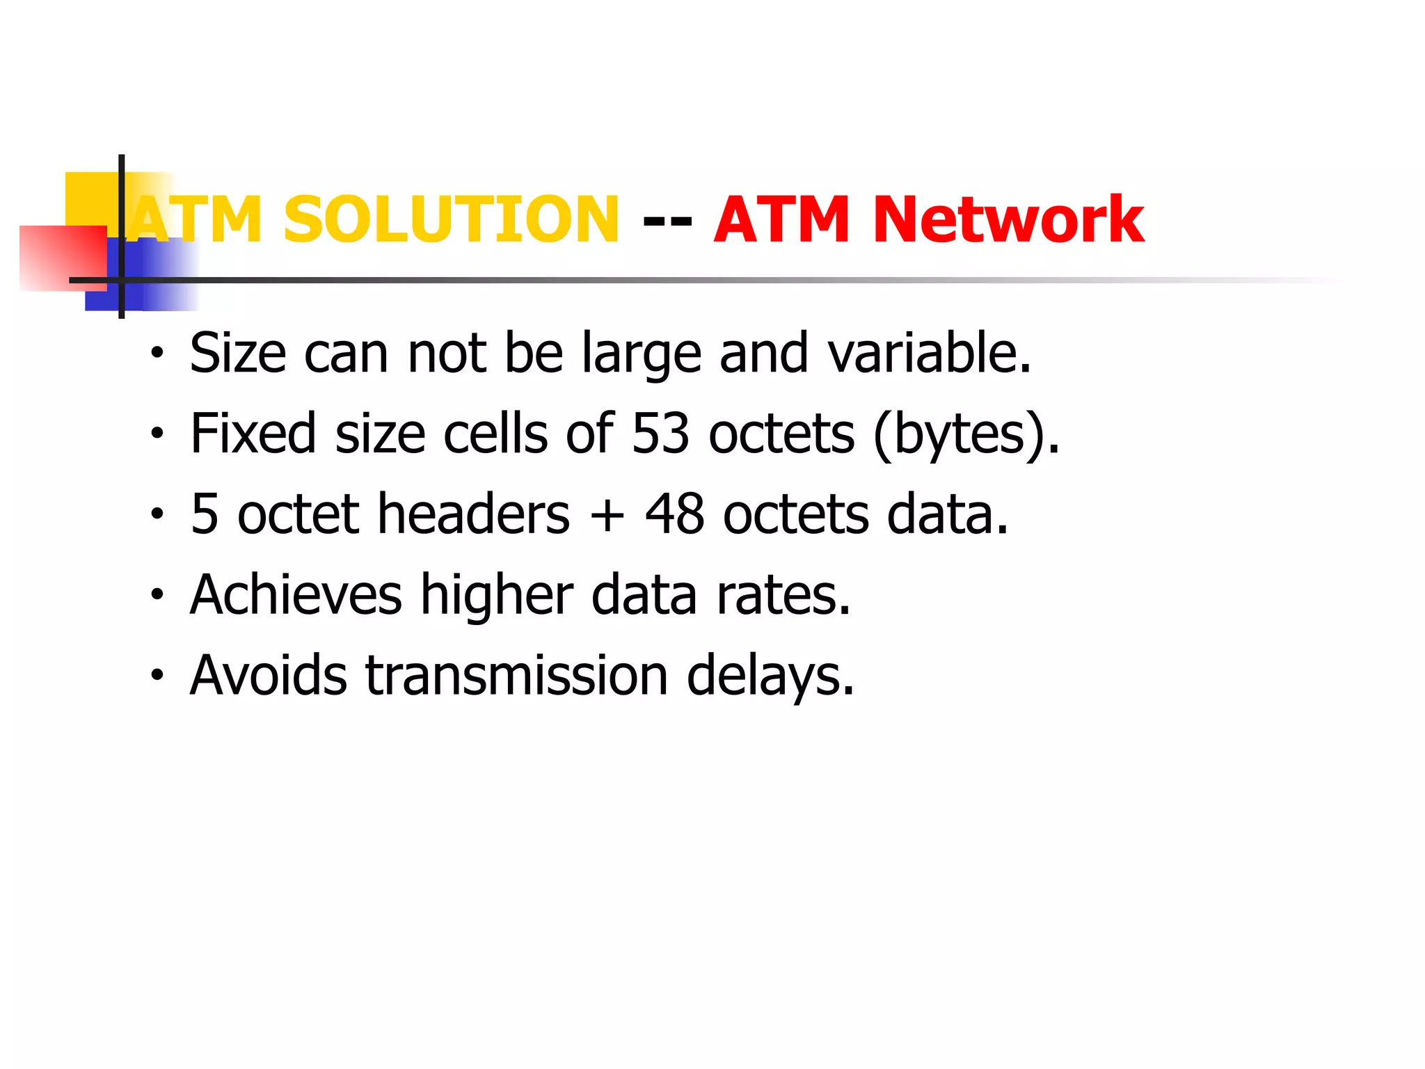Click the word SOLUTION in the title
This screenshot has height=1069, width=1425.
coord(451,220)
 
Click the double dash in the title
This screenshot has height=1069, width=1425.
coord(667,221)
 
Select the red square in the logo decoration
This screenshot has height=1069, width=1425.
coord(63,258)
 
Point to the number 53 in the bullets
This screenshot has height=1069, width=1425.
coord(661,434)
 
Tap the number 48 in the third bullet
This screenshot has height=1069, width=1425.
coord(674,514)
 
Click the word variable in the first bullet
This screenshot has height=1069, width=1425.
coord(930,353)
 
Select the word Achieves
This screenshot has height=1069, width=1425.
coord(296,595)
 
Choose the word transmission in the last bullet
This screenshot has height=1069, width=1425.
coord(517,676)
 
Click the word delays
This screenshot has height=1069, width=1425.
coord(770,676)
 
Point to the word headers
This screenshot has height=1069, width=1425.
coord(474,514)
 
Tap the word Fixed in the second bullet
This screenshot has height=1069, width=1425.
coord(253,434)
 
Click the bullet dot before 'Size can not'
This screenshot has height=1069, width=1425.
coord(158,353)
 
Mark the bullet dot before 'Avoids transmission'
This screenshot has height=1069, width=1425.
coord(158,675)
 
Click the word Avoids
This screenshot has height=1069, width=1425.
coord(269,676)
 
